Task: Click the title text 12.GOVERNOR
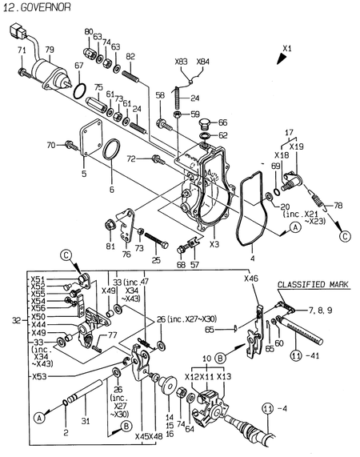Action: [37, 7]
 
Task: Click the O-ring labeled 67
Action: [79, 91]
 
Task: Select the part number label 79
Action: [50, 50]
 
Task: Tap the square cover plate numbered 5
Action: [91, 137]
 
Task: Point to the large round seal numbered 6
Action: [111, 150]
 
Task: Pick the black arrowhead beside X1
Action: [281, 58]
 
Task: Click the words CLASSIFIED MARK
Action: [313, 284]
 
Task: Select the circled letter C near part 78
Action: [345, 236]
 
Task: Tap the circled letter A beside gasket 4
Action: [295, 227]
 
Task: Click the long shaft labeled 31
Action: [85, 391]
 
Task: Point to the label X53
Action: [39, 376]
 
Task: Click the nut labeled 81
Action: [110, 226]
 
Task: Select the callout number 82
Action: [130, 56]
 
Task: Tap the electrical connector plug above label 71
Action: [18, 30]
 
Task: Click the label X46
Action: [250, 279]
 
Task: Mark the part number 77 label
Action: [112, 335]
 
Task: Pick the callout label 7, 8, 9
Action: [320, 310]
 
